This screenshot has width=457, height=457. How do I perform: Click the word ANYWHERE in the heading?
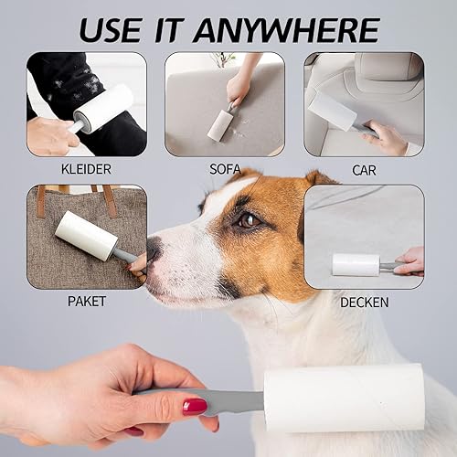286,30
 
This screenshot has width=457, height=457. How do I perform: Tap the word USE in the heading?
111,30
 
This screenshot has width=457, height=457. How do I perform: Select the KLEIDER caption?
86,169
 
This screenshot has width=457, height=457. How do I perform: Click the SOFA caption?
225,169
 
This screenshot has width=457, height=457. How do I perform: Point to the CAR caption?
364,170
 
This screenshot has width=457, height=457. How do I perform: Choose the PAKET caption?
87,302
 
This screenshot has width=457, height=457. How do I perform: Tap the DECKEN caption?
364,303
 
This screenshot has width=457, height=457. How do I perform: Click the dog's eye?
248,220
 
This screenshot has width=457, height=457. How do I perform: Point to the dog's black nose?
154,250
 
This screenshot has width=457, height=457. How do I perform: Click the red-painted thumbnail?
195,407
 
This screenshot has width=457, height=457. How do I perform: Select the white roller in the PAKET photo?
86,235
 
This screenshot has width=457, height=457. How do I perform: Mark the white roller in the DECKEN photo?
356,264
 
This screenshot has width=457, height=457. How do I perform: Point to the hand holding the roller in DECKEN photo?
409,261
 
